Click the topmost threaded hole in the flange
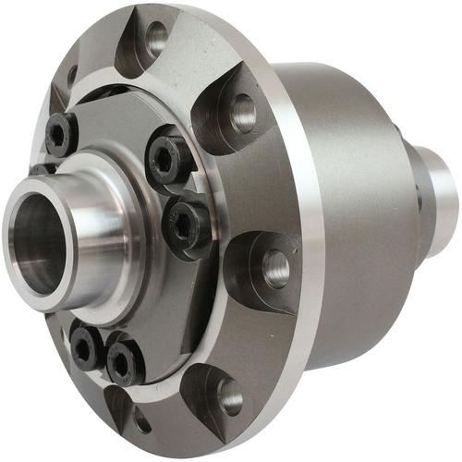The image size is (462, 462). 156,38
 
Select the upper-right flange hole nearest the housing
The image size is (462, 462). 243,112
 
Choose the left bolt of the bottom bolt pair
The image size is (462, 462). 86,348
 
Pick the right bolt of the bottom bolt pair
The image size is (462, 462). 125,361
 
